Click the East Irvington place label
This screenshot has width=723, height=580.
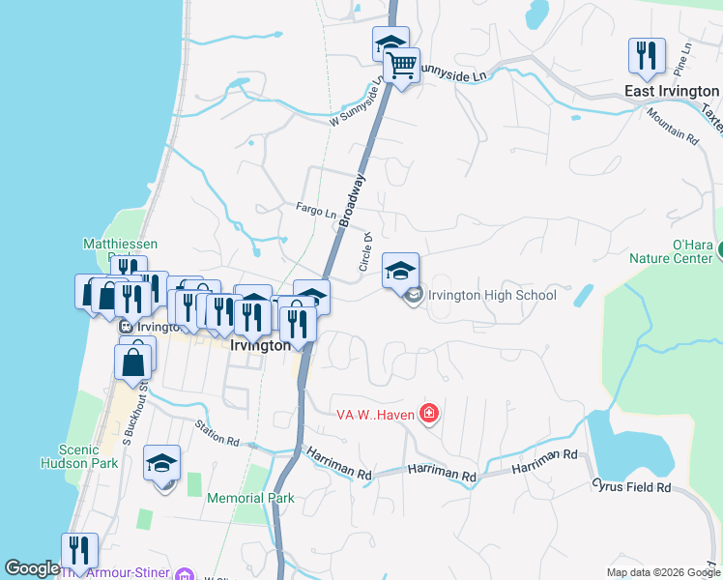coord(670,91)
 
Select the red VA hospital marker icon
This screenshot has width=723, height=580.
coord(429,415)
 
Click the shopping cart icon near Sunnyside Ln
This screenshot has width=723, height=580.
coord(401,67)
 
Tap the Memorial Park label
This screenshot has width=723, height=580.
coord(250,499)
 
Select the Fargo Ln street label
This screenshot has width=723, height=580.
coord(315,210)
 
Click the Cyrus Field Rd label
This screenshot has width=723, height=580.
coord(633,487)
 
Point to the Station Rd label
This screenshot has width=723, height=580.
coord(216,432)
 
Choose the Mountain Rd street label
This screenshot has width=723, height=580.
coord(673,126)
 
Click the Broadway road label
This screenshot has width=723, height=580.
coord(353,200)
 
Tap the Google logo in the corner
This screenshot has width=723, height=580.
coord(32,568)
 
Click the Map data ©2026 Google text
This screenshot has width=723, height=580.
coord(662,572)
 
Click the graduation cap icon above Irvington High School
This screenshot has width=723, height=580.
coord(400,270)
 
